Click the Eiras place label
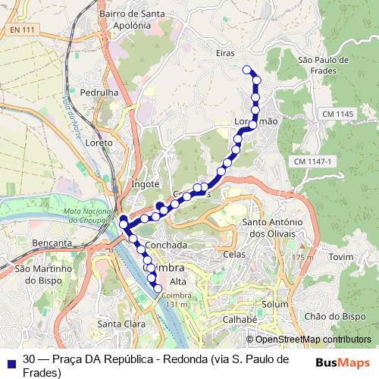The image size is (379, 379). point(225,53)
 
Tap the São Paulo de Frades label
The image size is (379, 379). point(323,64)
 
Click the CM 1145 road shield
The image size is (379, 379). point(337,114)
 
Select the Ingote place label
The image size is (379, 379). point(146,183)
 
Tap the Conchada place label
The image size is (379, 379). point(166,246)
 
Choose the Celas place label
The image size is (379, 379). point(235,255)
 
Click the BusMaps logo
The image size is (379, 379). point(342,362)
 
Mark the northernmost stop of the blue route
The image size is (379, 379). point(246,70)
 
